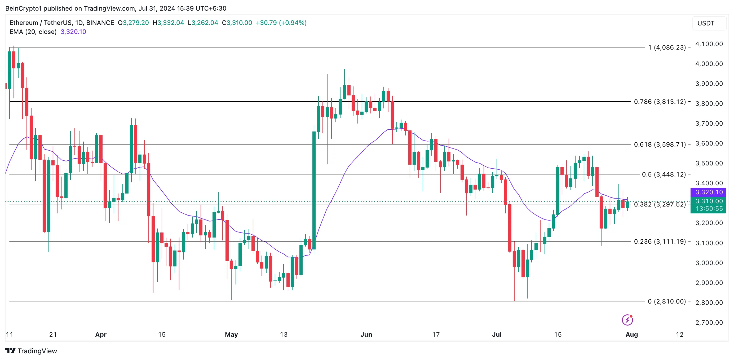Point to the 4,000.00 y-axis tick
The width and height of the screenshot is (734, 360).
tap(709, 64)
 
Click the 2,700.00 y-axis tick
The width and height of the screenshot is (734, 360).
tap(709, 322)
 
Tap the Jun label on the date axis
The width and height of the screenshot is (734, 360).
tap(366, 334)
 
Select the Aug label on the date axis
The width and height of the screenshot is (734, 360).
tap(631, 334)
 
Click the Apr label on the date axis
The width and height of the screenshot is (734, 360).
tap(101, 334)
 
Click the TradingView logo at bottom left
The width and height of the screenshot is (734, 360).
tap(31, 351)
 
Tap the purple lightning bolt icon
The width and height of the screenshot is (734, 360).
tap(627, 320)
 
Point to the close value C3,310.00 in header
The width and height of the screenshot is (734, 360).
tap(237, 23)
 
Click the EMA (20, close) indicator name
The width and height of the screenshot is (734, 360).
tap(33, 32)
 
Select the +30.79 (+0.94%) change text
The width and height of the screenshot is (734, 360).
tap(281, 23)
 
